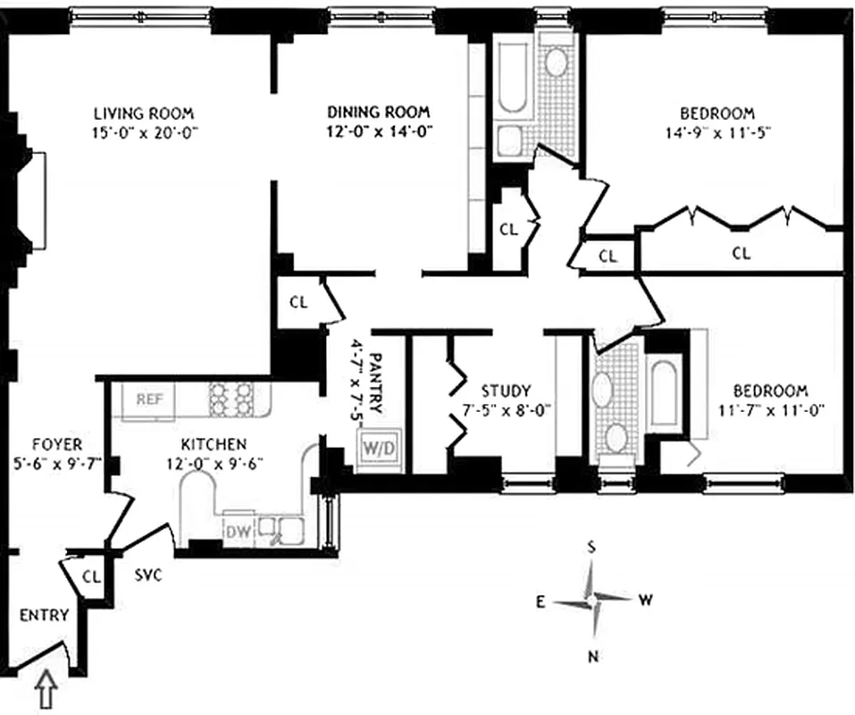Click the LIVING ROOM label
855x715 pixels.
tap(144, 114)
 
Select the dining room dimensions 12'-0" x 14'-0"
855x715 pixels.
tap(378, 130)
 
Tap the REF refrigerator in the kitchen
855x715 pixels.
tap(149, 400)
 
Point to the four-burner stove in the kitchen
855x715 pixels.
tap(231, 400)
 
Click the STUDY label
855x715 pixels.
tap(506, 391)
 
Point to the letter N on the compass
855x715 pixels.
tap(591, 658)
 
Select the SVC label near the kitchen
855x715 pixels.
tap(148, 576)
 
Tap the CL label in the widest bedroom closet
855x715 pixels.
tap(741, 253)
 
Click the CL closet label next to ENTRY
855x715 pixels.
tap(91, 576)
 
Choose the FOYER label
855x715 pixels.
tap(57, 444)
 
